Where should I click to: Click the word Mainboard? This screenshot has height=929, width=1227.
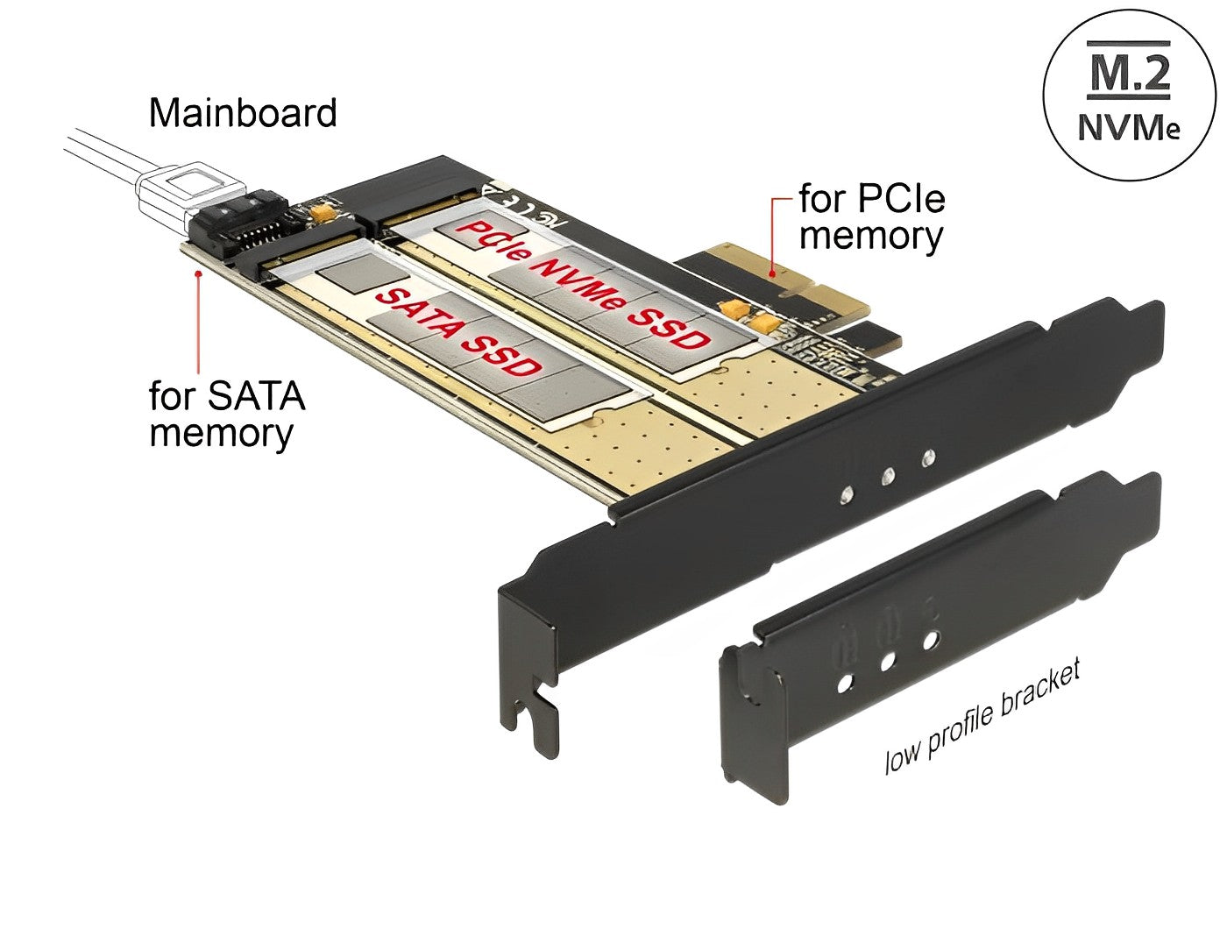pyautogui.click(x=243, y=114)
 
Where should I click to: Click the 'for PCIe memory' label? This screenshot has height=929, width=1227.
pyautogui.click(x=871, y=217)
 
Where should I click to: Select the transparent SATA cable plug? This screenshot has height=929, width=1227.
pyautogui.click(x=188, y=193)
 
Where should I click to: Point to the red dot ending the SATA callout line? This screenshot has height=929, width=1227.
pyautogui.click(x=201, y=273)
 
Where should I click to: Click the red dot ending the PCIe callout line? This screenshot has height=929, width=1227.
pyautogui.click(x=772, y=273)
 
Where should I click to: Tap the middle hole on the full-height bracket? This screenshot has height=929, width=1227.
pyautogui.click(x=887, y=476)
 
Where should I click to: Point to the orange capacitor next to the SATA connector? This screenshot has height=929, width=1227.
pyautogui.click(x=324, y=210)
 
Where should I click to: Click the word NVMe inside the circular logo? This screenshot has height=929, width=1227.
pyautogui.click(x=1128, y=127)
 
